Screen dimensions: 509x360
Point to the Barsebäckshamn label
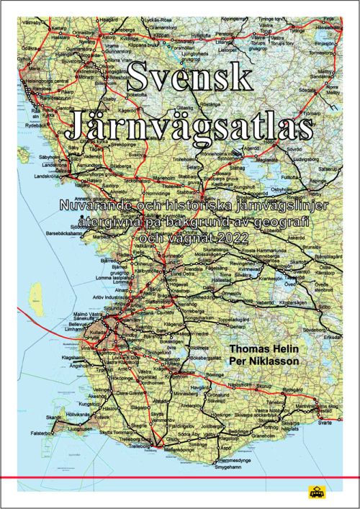point(48,233)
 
